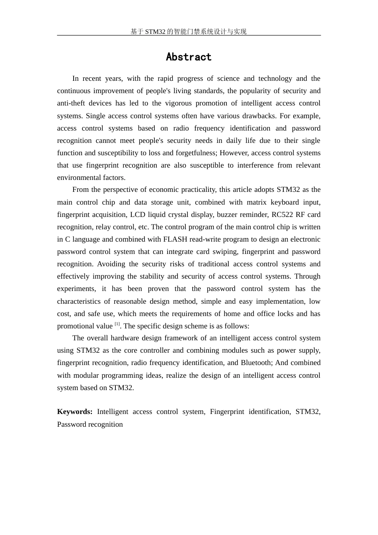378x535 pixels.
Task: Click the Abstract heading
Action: pos(189,57)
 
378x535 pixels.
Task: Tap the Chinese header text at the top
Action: pos(189,31)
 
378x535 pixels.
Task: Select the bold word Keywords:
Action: pos(75,412)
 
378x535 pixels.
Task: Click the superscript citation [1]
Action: pos(117,324)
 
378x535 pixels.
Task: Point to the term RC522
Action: pos(282,215)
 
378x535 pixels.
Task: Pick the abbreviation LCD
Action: pos(138,215)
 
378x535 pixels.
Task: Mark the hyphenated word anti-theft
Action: pos(71,103)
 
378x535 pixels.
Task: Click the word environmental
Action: pos(77,178)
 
